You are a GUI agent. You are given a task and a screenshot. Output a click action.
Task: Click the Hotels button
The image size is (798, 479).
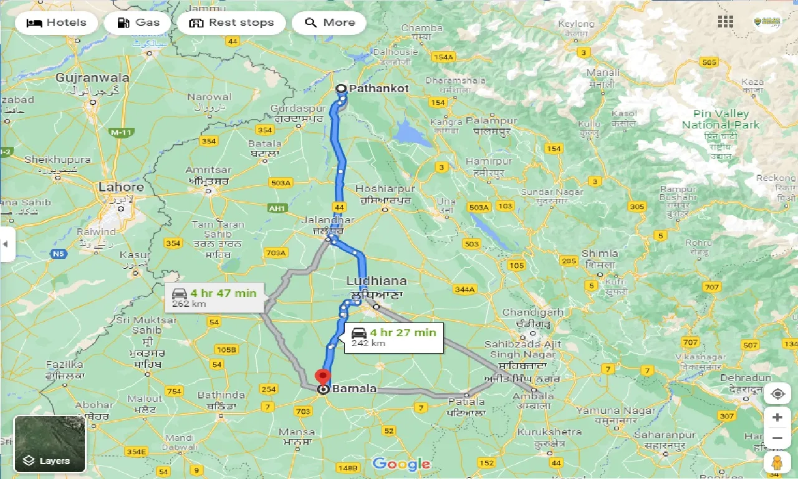[56, 23]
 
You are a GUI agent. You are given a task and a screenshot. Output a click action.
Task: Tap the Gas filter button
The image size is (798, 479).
[139, 23]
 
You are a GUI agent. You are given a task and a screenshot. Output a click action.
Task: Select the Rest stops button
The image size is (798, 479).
[231, 23]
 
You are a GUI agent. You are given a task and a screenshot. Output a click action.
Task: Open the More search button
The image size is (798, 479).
[330, 23]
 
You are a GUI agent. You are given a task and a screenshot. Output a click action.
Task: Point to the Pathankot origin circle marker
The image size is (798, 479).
[341, 89]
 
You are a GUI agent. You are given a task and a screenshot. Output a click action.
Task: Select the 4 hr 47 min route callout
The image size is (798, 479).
[214, 298]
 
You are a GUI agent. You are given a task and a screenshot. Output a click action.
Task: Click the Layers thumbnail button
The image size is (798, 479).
[49, 443]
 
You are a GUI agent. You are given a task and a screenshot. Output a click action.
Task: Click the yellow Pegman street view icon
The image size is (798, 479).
[777, 462]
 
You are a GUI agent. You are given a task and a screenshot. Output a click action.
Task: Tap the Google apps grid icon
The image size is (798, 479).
[725, 21]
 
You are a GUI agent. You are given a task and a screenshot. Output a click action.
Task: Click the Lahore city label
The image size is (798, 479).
[121, 187]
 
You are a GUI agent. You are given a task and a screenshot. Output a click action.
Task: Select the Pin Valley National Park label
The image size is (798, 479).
[721, 119]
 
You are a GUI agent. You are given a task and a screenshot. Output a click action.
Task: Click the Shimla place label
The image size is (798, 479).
[600, 253]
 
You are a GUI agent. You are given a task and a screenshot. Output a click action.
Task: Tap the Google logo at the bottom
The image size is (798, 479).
[401, 463]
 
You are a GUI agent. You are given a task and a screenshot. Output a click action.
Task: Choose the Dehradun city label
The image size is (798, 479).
[746, 378]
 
